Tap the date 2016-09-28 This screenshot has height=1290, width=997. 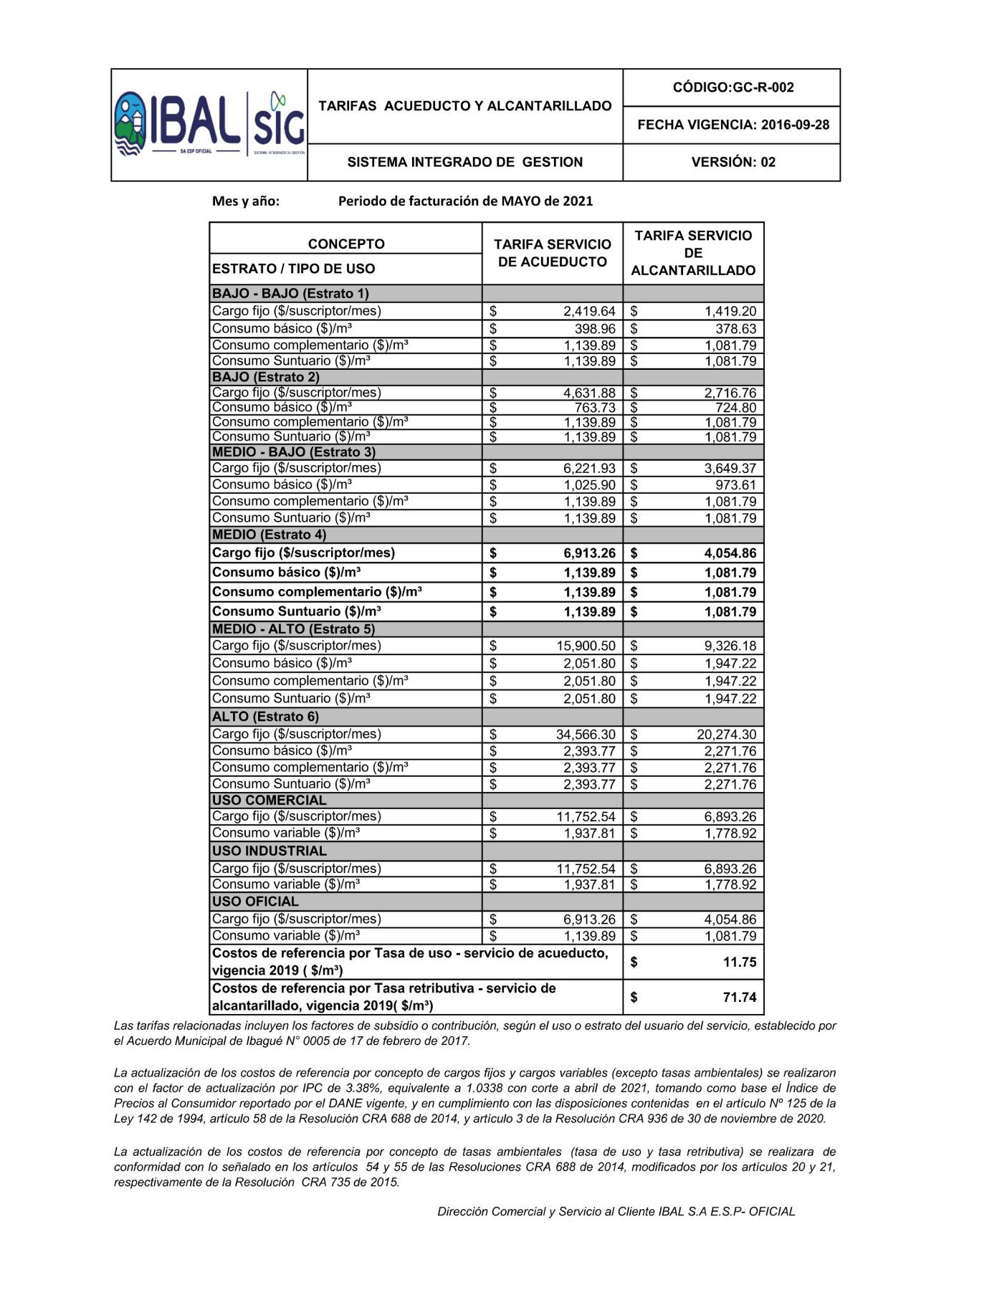[795, 125]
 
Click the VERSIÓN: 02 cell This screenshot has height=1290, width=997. [733, 162]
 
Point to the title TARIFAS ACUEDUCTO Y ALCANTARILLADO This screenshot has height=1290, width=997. [465, 106]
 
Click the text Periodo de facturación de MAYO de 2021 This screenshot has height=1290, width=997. [465, 201]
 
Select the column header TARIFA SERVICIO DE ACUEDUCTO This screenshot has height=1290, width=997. [552, 253]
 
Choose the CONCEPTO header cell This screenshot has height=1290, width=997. [346, 244]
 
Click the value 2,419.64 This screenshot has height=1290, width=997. [589, 312]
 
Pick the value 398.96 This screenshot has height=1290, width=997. [595, 329]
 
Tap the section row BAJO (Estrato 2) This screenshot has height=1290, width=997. [266, 377]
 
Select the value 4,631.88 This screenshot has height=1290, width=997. [589, 393]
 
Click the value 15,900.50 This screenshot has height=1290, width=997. [586, 646]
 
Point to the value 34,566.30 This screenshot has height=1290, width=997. [586, 735]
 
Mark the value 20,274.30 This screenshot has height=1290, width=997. [726, 735]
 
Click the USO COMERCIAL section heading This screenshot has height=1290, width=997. [269, 801]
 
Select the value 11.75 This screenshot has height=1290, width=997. [739, 962]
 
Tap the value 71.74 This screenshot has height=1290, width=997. [739, 998]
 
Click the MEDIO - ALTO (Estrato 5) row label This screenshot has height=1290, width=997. [294, 629]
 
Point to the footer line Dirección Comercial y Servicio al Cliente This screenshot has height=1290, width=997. [616, 1212]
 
